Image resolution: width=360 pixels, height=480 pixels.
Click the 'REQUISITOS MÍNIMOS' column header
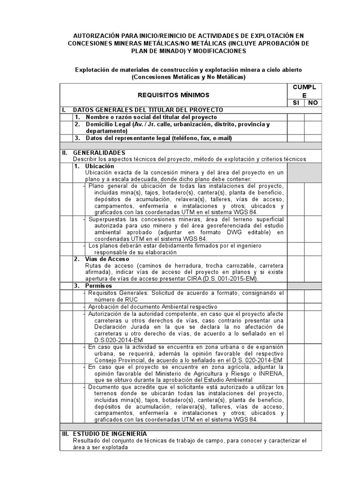click(x=174, y=95)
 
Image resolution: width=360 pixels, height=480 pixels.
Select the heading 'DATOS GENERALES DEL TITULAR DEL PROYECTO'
click(x=148, y=110)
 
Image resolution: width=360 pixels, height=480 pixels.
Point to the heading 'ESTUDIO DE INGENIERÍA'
click(x=110, y=434)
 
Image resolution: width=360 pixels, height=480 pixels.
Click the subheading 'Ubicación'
click(x=99, y=166)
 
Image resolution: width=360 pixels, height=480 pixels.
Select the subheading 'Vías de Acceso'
click(x=107, y=259)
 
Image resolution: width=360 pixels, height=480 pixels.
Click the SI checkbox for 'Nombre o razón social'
click(x=295, y=117)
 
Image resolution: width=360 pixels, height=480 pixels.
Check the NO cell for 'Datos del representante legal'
click(x=312, y=138)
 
